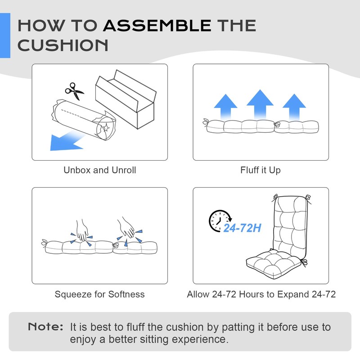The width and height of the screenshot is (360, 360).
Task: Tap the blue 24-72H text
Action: click(x=243, y=228)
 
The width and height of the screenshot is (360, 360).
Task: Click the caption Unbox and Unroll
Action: click(x=99, y=170)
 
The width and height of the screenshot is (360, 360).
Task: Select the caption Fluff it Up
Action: click(x=261, y=170)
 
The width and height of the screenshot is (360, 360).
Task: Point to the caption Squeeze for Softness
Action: click(x=99, y=294)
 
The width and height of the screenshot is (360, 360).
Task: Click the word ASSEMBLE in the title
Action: click(x=157, y=25)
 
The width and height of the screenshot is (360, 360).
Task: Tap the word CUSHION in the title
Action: click(x=63, y=45)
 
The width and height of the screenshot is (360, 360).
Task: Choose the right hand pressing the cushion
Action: click(x=127, y=228)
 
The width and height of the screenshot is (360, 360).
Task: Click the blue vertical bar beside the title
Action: click(x=5, y=36)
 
